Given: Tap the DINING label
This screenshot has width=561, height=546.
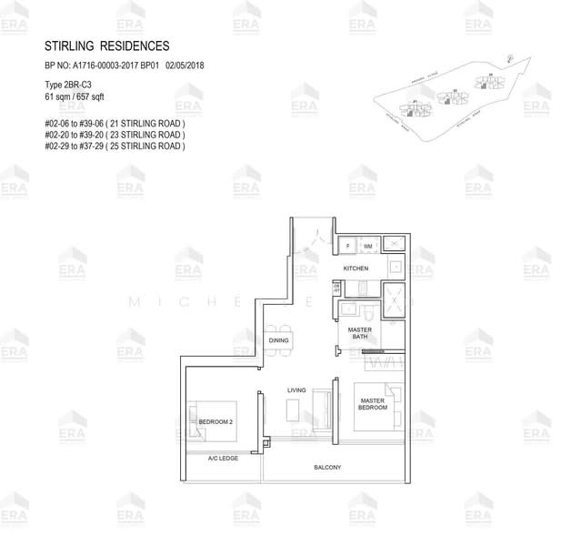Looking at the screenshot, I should [x=278, y=340].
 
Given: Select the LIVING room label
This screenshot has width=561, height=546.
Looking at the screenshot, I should [x=296, y=389].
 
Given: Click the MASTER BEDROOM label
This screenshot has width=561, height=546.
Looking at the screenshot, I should [x=373, y=403].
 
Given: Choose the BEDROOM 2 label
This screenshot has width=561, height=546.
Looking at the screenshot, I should [x=216, y=422].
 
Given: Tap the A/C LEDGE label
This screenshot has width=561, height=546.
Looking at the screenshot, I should [x=223, y=458].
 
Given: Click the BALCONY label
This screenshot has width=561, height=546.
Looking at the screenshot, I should [x=327, y=467].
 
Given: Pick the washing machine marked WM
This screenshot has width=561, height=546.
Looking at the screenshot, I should [x=368, y=246].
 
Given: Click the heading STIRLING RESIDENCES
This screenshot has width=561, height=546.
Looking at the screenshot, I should [x=106, y=46].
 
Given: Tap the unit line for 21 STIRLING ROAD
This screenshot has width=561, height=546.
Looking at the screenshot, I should [x=115, y=123].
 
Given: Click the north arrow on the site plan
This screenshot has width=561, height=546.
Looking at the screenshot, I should [x=510, y=60].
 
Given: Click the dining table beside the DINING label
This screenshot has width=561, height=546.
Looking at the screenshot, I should [x=270, y=340].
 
